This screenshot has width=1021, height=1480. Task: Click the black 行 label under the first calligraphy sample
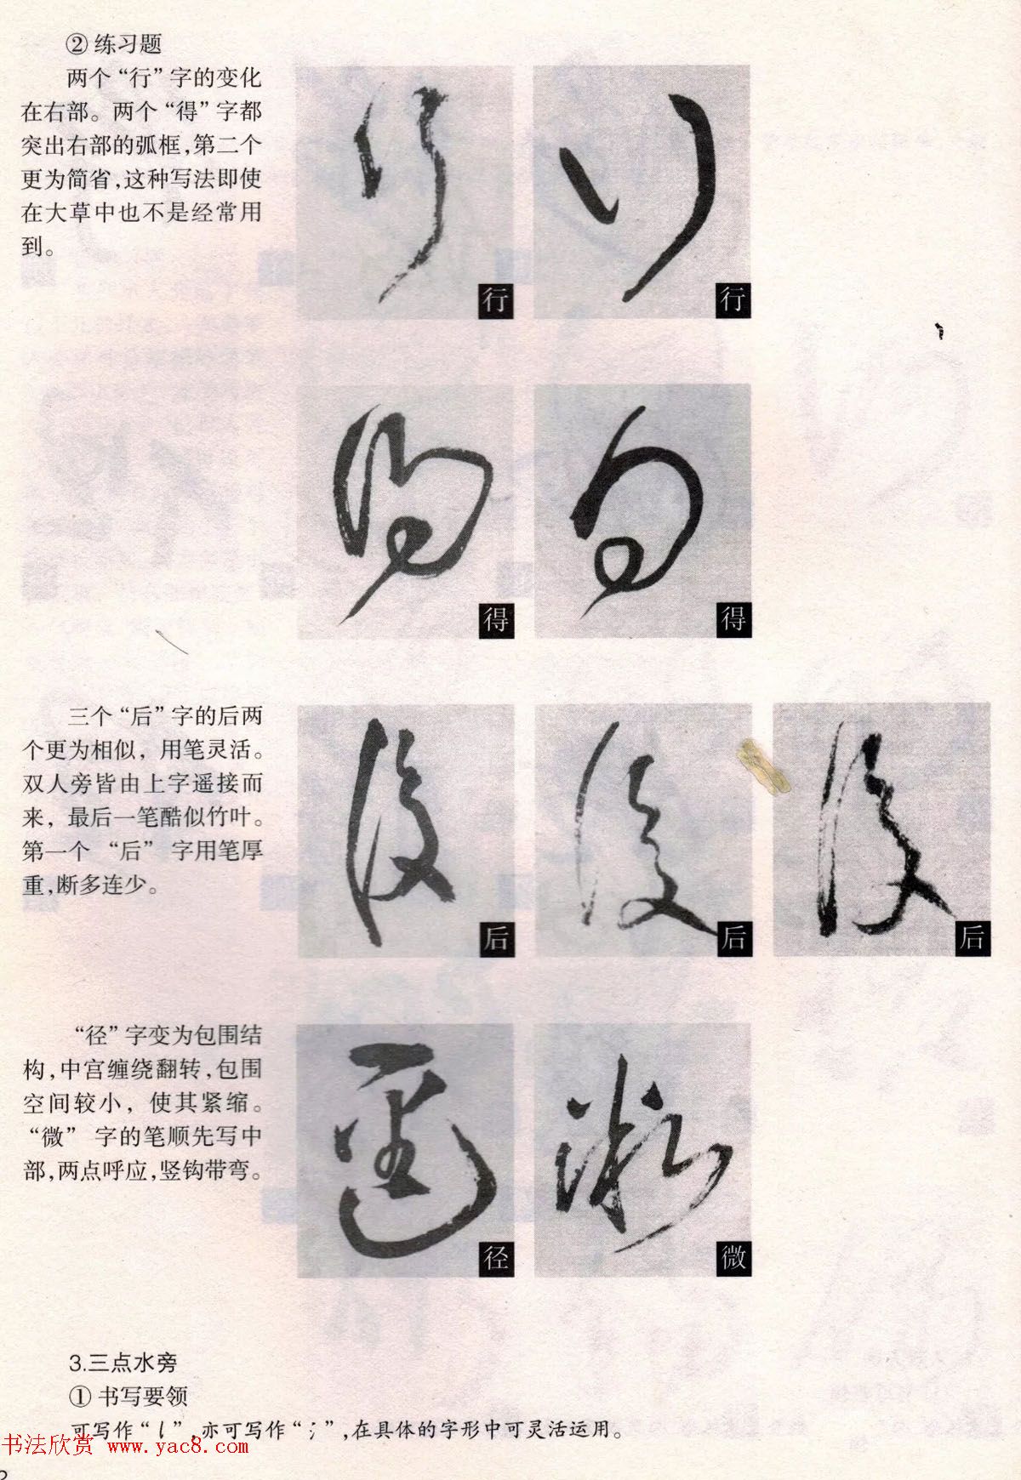(x=495, y=301)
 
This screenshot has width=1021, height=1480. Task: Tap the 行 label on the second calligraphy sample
(x=733, y=301)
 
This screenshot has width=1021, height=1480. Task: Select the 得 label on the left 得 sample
(x=495, y=620)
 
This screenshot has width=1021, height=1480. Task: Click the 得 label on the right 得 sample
(x=733, y=620)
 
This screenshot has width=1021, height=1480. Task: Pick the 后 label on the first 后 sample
(x=495, y=939)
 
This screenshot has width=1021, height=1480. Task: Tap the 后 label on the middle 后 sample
(x=733, y=939)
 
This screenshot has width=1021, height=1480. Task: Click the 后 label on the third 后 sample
(x=971, y=939)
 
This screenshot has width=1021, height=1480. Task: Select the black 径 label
(x=495, y=1258)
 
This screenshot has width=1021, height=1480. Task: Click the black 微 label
(x=733, y=1258)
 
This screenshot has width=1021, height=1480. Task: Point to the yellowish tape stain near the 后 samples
(x=764, y=766)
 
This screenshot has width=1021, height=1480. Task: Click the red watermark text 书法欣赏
(x=48, y=1445)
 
